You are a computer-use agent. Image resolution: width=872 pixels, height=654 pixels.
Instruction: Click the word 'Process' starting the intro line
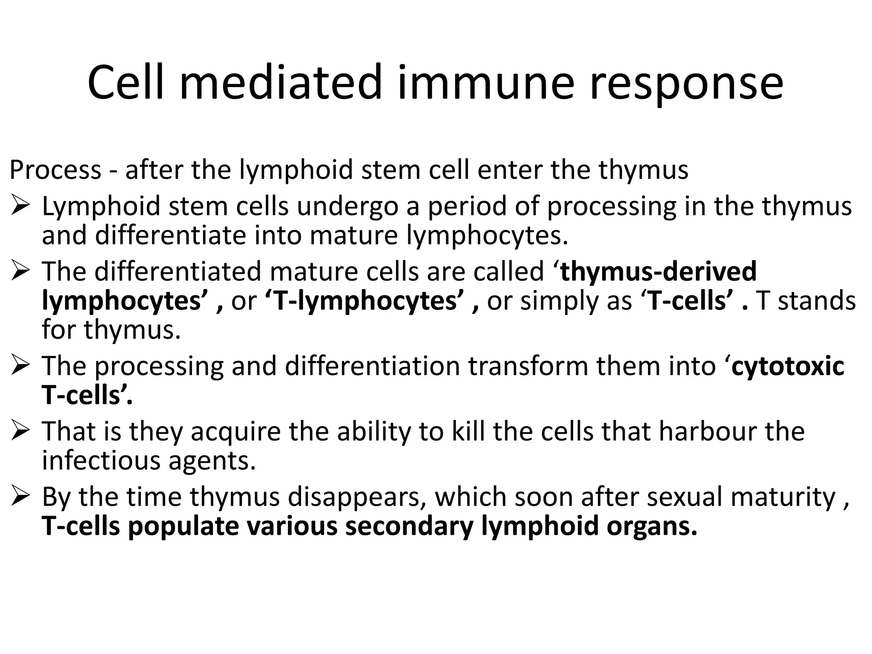click(x=55, y=169)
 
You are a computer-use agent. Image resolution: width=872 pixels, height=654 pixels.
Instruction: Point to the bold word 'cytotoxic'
click(x=787, y=367)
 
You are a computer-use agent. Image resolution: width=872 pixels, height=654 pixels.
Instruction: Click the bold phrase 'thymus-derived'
click(x=658, y=271)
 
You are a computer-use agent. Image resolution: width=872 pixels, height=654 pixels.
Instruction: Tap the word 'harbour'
click(x=707, y=431)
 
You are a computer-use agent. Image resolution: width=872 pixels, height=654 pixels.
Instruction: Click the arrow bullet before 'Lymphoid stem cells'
click(x=20, y=207)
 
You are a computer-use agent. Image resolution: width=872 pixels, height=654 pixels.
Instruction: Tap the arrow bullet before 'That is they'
click(x=20, y=431)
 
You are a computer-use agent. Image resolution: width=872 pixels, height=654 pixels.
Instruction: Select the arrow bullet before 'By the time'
click(x=20, y=496)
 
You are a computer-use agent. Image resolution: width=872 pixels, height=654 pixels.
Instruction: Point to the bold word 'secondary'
click(x=409, y=526)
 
